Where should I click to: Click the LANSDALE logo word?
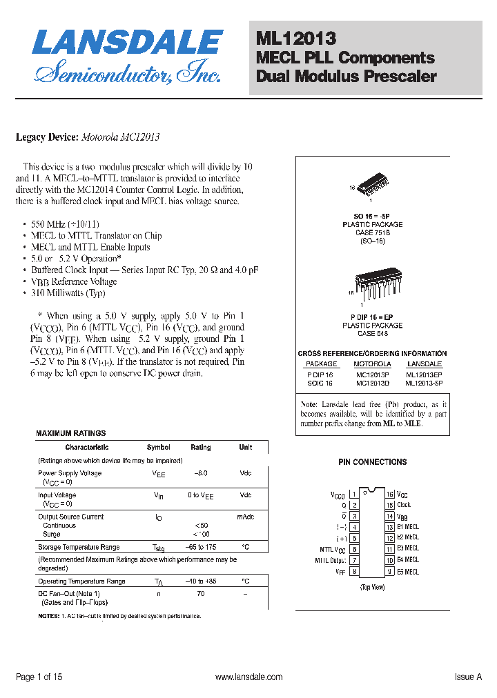[128, 43]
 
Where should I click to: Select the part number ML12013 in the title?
[296, 39]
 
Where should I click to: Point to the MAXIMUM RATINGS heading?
[70, 434]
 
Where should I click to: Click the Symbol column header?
[158, 448]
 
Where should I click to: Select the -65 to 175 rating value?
[201, 547]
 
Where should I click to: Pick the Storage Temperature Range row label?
[79, 547]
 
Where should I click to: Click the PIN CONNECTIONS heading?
[372, 462]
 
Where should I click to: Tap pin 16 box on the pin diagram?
[389, 495]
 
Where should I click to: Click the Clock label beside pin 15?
[404, 505]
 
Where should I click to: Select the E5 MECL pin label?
[408, 572]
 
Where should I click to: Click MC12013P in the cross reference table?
[372, 374]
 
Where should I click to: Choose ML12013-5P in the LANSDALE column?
[424, 383]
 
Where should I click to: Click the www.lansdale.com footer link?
[248, 677]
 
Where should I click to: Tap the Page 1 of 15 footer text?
[39, 677]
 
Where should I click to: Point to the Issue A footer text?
[467, 677]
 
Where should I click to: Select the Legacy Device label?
[47, 137]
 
